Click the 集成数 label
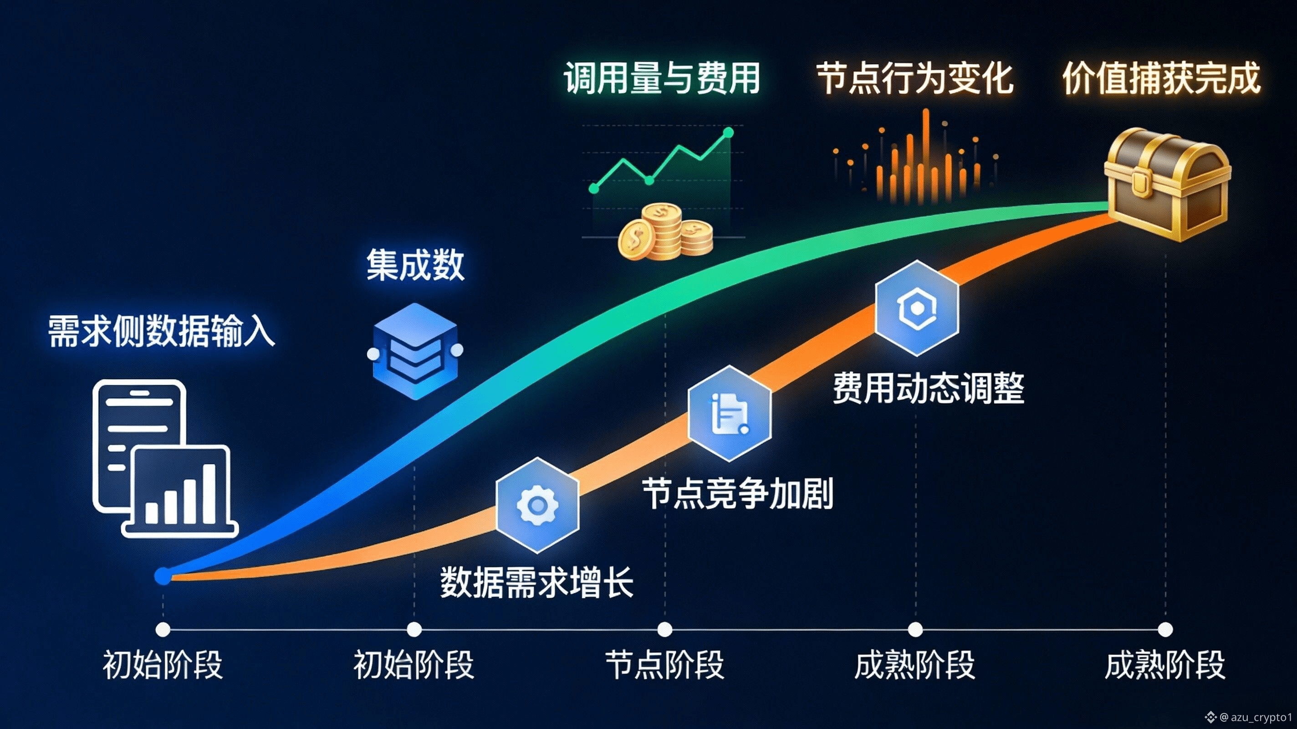[x=415, y=265]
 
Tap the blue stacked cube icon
[x=415, y=351]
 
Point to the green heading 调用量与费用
[x=662, y=78]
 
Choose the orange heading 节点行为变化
[x=915, y=78]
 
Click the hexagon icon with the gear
[x=537, y=505]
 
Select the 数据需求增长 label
[x=537, y=582]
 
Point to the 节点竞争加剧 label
[x=738, y=493]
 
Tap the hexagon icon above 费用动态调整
[x=916, y=308]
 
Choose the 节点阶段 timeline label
[x=664, y=664]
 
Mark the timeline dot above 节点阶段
[x=664, y=629]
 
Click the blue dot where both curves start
[x=163, y=576]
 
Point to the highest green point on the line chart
[x=729, y=133]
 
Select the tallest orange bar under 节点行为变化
[x=925, y=151]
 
